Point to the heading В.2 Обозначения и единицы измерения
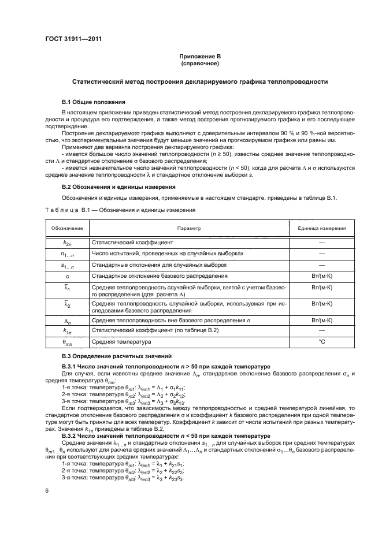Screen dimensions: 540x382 point(118,187)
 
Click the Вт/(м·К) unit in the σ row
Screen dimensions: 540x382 point(322,275)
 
